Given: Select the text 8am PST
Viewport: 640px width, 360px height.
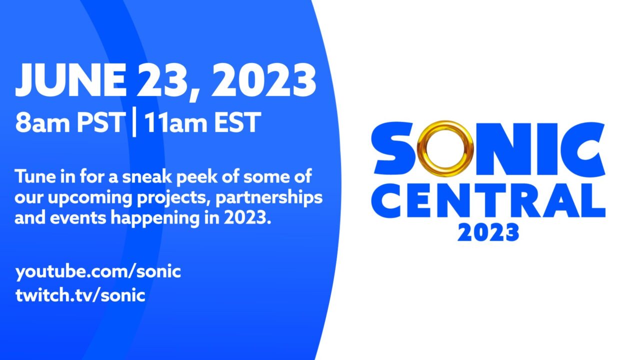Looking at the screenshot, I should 69,122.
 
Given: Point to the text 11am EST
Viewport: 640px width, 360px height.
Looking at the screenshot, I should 201,122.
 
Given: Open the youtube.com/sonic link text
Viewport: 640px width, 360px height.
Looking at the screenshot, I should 98,272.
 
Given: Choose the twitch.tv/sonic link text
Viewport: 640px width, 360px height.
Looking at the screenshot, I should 80,295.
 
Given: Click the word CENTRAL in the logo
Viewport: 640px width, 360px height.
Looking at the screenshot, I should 489,201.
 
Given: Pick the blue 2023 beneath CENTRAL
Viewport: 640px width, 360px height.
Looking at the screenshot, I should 488,232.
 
